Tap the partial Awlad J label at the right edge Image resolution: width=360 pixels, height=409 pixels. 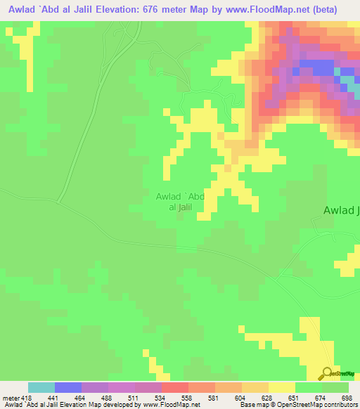[341, 210]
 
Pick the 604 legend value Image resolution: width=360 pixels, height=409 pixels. [241, 398]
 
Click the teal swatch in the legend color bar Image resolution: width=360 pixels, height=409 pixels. [41, 387]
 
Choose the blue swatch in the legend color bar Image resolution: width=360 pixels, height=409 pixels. [68, 387]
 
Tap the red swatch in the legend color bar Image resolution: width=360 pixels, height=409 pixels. [174, 387]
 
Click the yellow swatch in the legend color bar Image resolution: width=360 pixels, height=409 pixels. [281, 387]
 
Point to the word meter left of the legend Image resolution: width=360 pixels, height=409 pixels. [11, 398]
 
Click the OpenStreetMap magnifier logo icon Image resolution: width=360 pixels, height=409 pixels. [327, 373]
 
